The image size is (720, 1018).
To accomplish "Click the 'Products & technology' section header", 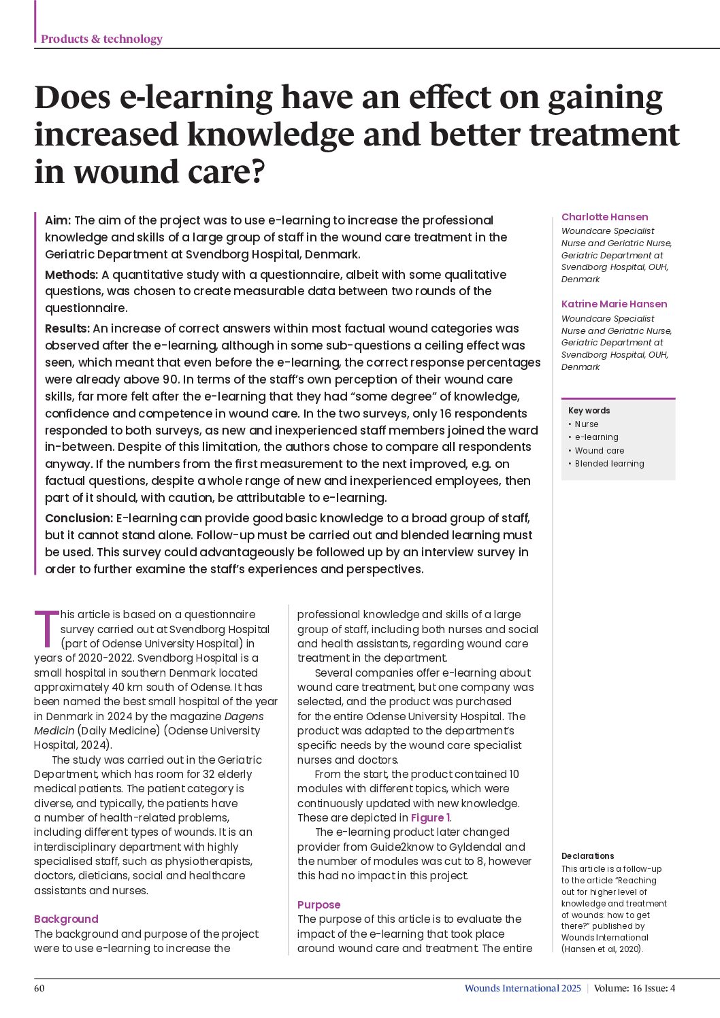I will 101,39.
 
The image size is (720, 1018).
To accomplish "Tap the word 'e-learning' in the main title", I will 196,98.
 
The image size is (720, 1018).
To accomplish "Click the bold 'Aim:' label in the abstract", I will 58,220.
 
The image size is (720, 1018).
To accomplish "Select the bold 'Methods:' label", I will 71,275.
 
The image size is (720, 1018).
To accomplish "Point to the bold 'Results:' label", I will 67,328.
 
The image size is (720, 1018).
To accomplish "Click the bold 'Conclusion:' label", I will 79,518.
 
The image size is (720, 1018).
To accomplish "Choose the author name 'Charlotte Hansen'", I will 604,217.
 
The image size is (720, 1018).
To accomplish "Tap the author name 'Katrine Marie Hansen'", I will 614,304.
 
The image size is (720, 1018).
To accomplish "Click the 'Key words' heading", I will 589,411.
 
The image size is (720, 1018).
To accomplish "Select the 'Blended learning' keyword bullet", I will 609,464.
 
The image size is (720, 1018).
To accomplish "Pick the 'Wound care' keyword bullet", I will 599,450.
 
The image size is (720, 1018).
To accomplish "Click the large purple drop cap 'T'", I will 46,628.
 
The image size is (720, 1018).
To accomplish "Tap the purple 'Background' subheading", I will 66,919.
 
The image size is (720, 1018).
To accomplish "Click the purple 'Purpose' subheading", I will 318,904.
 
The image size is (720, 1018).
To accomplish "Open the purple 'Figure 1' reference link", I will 430,817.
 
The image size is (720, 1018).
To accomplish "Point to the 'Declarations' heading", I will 587,856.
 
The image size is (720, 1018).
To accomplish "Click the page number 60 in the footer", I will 39,988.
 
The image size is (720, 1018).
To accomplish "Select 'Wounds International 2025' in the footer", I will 523,988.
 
